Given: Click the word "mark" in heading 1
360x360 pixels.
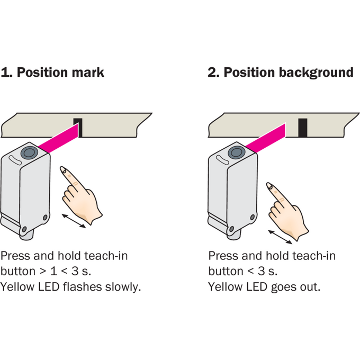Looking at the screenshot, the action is click(88, 73).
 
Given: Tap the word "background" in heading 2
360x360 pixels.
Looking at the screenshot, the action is click(316, 73).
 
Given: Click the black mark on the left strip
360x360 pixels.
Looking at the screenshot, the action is click(78, 128).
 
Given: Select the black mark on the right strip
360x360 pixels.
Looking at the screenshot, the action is click(303, 128).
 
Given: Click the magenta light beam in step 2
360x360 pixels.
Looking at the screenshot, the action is click(265, 138).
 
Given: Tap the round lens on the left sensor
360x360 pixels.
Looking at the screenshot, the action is click(29, 152).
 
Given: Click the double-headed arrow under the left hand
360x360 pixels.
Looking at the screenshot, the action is click(74, 221).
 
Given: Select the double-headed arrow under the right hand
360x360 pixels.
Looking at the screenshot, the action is click(280, 237).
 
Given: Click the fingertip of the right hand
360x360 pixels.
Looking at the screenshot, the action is click(268, 185).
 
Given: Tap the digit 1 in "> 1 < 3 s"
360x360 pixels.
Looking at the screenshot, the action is click(53, 271).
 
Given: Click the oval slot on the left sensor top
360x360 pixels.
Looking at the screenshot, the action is click(15, 160).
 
